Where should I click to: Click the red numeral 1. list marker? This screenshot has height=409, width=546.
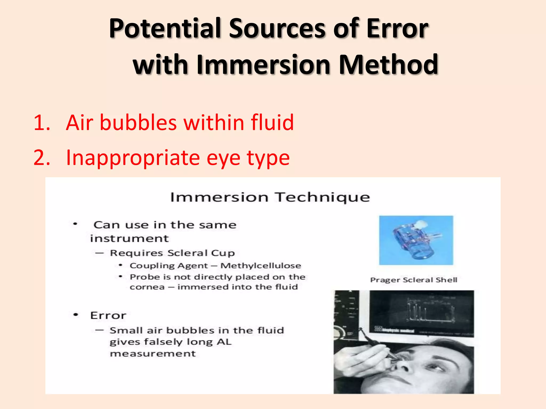[42, 123]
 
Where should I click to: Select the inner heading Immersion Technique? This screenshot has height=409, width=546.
[270, 197]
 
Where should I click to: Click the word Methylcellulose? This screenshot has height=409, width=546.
[261, 265]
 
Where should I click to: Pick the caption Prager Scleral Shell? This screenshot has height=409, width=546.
[413, 280]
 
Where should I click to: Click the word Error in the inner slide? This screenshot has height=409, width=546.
[108, 316]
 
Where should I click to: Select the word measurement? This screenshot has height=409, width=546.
[153, 354]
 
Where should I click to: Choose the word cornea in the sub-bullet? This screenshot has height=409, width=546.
[147, 287]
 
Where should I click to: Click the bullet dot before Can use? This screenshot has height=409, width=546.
[75, 224]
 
